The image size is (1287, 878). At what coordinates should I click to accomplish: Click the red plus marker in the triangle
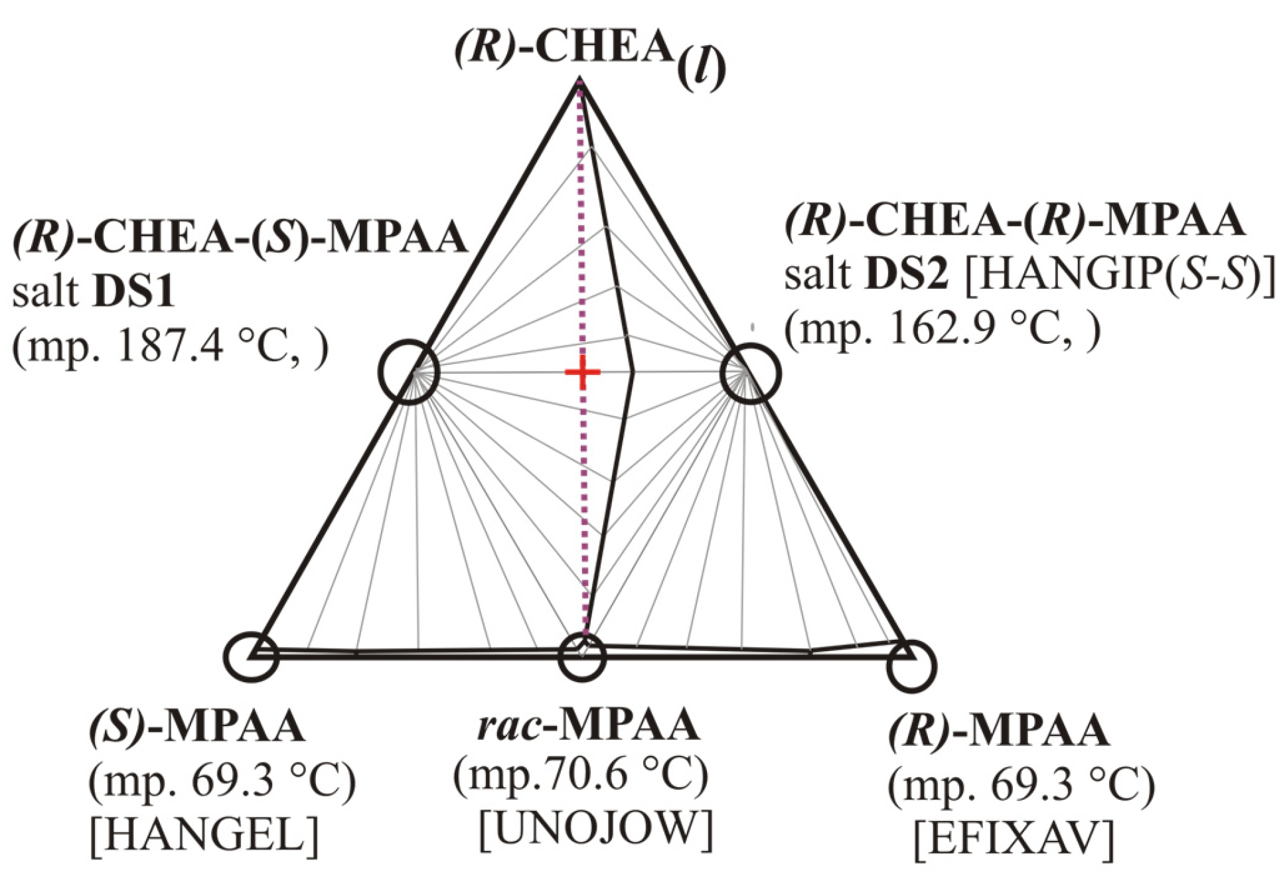point(582,372)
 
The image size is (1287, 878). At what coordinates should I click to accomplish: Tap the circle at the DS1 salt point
point(409,372)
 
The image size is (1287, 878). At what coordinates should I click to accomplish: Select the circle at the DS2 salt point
point(751,373)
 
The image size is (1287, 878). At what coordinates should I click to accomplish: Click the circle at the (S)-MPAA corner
point(252,656)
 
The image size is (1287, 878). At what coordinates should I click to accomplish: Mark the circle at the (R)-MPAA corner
point(911,666)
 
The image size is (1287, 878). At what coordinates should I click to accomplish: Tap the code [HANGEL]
point(204,834)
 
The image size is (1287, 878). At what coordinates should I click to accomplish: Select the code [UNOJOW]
point(595,828)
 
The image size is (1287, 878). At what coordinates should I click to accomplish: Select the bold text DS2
point(907,274)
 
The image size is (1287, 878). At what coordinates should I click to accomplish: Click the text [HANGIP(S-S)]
point(1120,274)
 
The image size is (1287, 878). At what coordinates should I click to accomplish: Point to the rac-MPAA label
point(588,725)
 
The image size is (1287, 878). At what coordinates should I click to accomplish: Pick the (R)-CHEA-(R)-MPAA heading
point(1014,220)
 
